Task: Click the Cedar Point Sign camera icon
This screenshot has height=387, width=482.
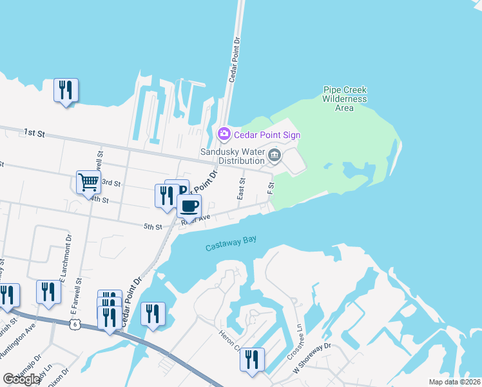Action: point(224,134)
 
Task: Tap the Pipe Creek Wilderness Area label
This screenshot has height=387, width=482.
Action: point(345,99)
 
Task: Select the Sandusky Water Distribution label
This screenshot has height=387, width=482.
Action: point(232,155)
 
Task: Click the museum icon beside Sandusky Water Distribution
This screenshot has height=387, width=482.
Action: point(275,155)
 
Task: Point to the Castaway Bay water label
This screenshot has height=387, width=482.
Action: point(231,244)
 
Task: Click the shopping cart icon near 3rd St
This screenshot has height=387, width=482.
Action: point(88,181)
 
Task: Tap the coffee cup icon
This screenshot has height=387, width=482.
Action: point(189,206)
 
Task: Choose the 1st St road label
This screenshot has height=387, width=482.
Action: point(34,133)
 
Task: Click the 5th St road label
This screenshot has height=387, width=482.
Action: point(152,226)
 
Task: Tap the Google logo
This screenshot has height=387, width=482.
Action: point(21,379)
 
